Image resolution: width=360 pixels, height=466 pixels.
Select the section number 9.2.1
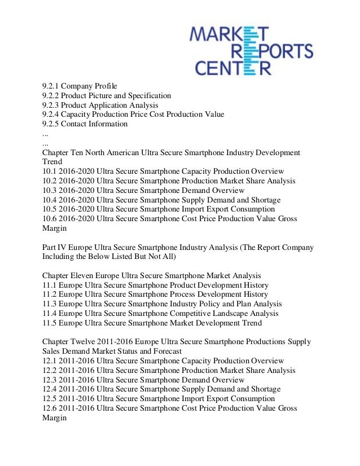pos(50,86)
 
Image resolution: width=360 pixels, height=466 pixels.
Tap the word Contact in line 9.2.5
pos(75,124)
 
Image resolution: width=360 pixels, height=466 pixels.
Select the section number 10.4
pos(49,200)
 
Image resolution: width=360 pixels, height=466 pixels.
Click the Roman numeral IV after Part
pos(64,247)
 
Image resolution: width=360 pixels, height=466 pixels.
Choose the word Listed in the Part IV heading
pos(126,256)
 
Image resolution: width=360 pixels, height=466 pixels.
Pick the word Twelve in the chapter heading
pos(86,342)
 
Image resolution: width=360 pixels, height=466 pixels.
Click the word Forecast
pos(166,351)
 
